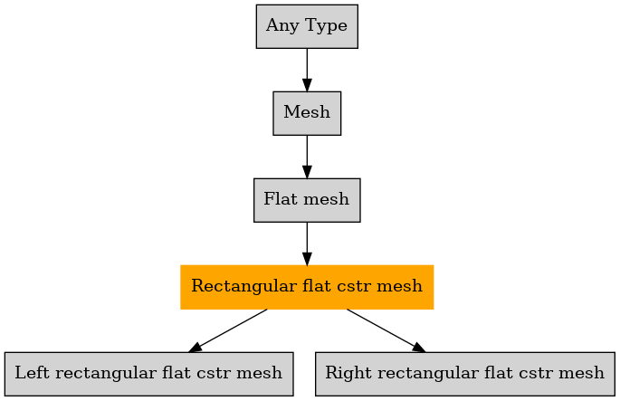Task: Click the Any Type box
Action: click(307, 26)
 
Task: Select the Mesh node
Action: click(307, 113)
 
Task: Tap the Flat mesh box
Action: click(307, 200)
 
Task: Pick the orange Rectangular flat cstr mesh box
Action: click(307, 287)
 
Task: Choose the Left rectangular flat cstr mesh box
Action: click(149, 374)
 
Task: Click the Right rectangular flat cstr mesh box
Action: click(465, 374)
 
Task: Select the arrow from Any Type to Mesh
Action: click(307, 70)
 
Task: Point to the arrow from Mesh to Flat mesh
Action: click(307, 157)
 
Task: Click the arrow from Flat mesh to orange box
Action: click(307, 243)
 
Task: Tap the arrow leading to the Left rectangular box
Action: click(228, 330)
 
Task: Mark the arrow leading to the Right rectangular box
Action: click(386, 330)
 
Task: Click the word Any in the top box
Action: click(281, 26)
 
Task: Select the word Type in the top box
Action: click(326, 26)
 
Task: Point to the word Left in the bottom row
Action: click(32, 373)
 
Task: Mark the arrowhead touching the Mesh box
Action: click(307, 85)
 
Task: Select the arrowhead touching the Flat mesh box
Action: click(307, 172)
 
